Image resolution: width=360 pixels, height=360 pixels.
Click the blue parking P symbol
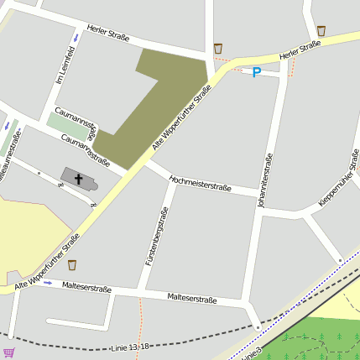coord(257,73)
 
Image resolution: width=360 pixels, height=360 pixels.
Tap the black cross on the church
coord(80,179)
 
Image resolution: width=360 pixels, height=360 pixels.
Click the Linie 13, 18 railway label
coord(129,347)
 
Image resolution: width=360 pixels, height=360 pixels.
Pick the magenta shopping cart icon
coord(8,353)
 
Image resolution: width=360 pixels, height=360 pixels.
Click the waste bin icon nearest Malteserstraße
coord(72,265)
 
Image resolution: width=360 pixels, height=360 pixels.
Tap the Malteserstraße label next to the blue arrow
coord(88,288)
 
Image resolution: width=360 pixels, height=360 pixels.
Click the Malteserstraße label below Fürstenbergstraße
coord(192,298)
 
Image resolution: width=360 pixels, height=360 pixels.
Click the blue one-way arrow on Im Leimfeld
coord(76,38)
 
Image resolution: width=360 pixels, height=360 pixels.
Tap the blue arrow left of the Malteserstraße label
coord(48,283)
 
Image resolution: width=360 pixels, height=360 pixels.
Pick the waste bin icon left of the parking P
coord(218,49)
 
